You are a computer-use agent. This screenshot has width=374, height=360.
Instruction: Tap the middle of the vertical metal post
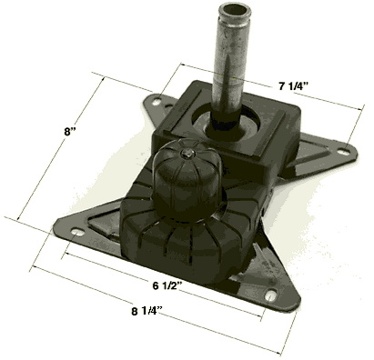[225, 64]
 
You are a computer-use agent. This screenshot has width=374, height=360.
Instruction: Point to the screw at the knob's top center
[184, 153]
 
